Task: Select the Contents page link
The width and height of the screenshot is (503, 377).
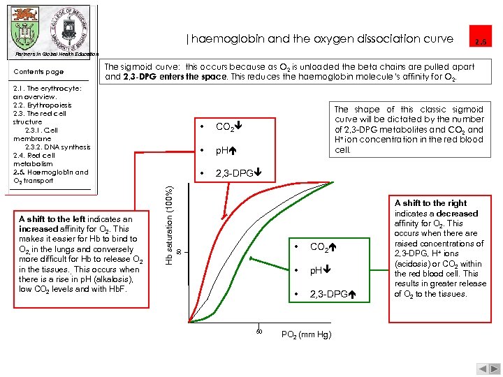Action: [38, 72]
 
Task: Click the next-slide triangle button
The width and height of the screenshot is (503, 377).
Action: [491, 369]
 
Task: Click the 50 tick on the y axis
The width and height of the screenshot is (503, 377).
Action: [178, 251]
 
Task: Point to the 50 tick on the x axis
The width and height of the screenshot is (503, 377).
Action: [258, 330]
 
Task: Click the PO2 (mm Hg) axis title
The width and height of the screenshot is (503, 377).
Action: [305, 334]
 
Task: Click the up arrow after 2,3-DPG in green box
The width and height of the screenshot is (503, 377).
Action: [352, 295]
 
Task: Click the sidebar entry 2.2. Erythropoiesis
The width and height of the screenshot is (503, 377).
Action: [42, 105]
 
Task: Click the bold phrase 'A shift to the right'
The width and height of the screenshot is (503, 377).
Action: [430, 203]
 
